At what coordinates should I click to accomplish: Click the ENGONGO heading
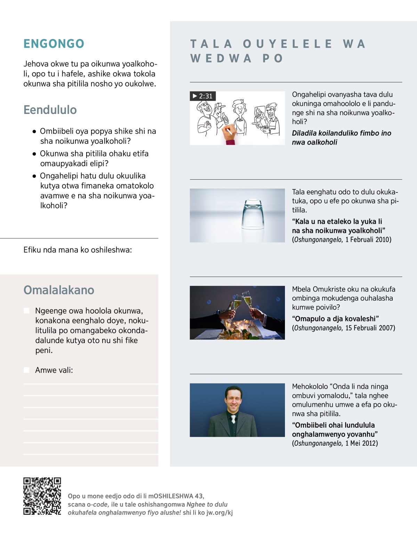pos(54,44)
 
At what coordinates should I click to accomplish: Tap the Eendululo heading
pos(50,110)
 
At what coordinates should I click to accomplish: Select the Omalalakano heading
pos(59,290)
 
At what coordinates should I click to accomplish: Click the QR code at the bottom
pos(42,496)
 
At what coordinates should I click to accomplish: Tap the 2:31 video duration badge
pos(203,96)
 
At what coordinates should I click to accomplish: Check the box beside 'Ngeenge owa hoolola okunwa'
pos(27,311)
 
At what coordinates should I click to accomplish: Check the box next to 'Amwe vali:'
pos(27,370)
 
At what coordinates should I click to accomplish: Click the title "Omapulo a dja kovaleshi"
pos(335,319)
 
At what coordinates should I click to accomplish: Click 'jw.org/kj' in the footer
pos(220,513)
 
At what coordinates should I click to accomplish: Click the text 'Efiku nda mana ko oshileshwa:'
pos(77,250)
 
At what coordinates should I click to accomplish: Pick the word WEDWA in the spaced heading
pos(221,58)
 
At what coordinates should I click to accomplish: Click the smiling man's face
pos(233,398)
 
